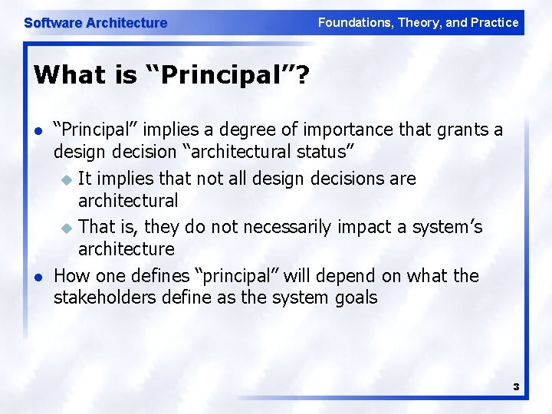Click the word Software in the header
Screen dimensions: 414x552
click(53, 23)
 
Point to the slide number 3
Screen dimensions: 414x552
click(516, 387)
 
